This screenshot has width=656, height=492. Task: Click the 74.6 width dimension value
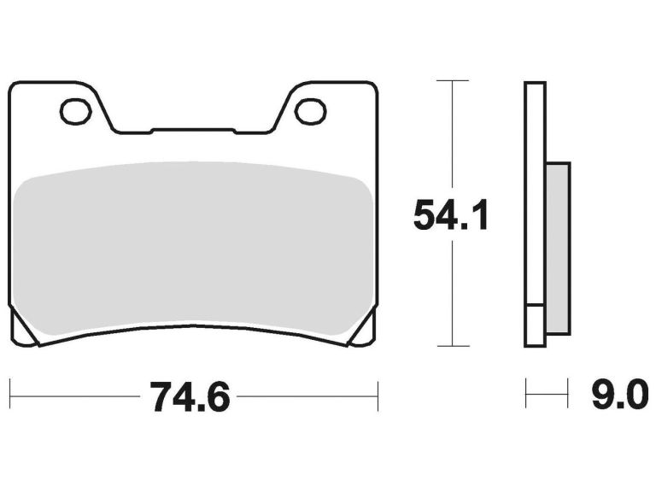[190, 397]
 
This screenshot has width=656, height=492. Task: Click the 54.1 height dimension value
[451, 215]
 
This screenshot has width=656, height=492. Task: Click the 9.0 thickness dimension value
[614, 396]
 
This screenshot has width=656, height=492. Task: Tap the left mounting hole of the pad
[74, 110]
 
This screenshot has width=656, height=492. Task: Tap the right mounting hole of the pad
[309, 110]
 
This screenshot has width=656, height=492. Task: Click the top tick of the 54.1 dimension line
[452, 80]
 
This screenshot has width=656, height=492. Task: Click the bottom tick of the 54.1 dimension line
[452, 346]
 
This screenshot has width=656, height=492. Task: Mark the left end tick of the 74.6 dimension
[9, 396]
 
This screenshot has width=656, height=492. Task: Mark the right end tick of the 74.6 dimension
[377, 396]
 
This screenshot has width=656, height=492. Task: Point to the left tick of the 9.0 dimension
[526, 396]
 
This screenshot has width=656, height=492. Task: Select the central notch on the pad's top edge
[192, 131]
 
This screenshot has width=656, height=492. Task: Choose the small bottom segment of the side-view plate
[535, 325]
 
